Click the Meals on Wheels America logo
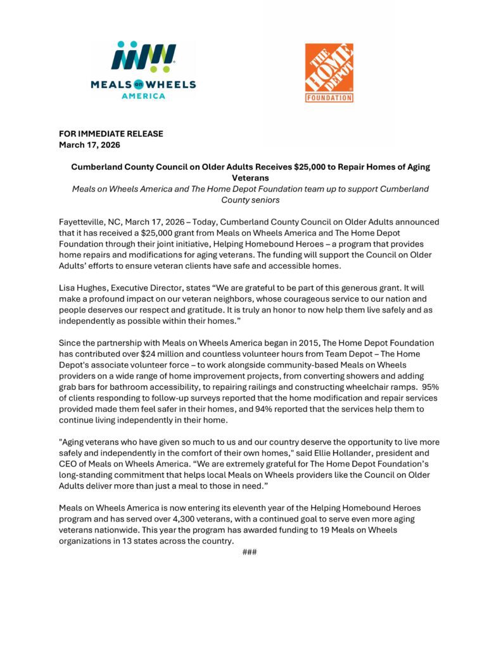tap(144, 70)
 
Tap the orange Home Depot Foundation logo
tap(329, 73)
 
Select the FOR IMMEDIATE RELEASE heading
tap(111, 134)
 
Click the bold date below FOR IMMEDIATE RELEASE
tap(89, 145)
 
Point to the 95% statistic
tap(430, 387)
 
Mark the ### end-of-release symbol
tap(250, 552)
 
